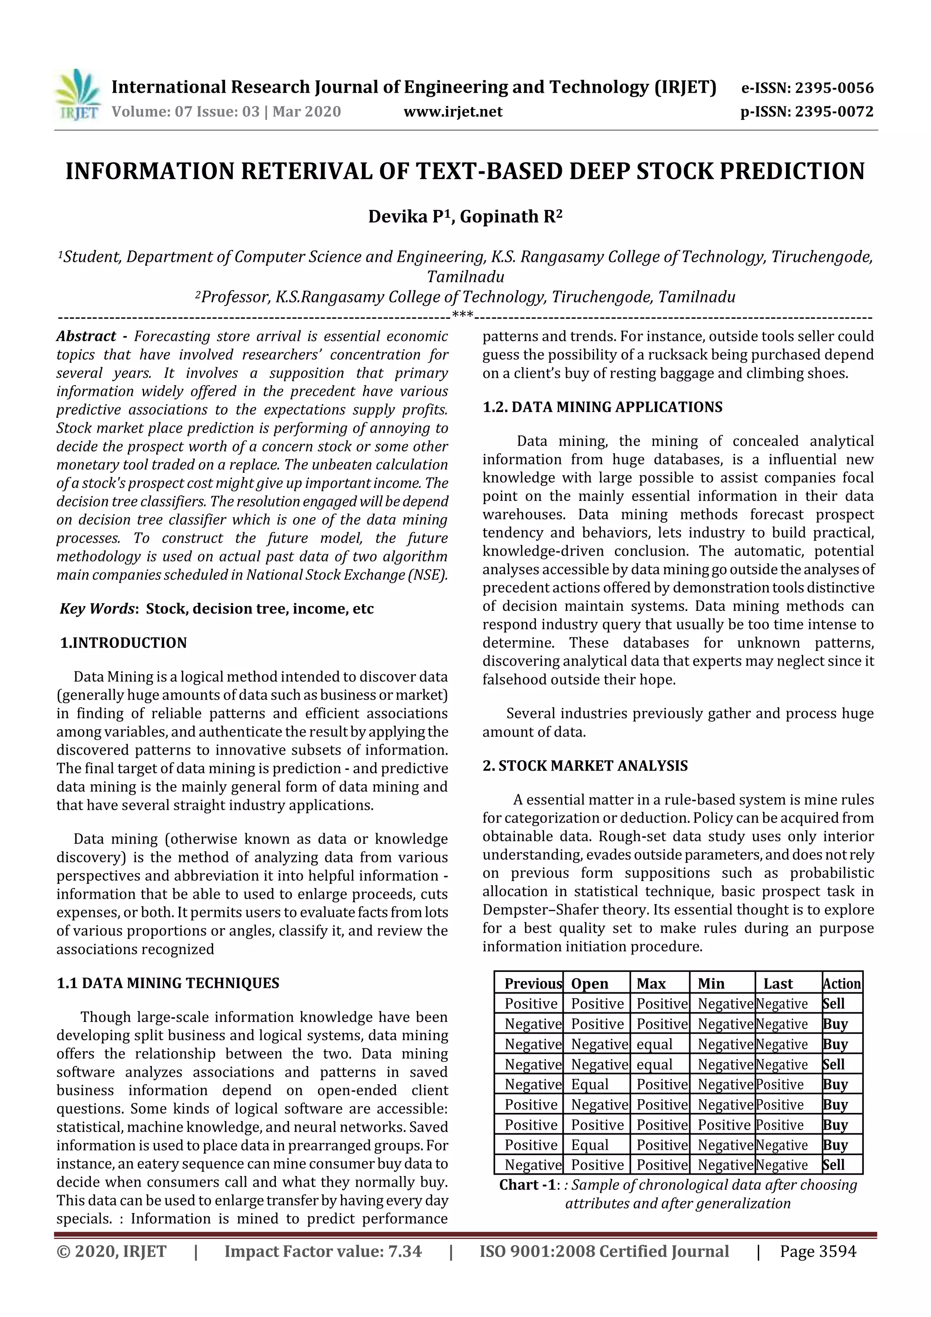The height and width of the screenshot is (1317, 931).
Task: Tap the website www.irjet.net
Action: tap(453, 111)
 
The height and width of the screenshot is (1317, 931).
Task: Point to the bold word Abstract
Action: tap(86, 336)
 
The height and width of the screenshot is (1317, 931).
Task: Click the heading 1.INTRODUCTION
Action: tap(123, 642)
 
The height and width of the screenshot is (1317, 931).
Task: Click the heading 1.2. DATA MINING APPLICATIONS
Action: tap(602, 407)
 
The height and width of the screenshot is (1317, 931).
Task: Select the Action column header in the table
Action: tap(841, 984)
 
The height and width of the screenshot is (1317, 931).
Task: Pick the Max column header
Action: tap(651, 984)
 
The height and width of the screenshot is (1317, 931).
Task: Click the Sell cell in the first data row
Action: tap(833, 1004)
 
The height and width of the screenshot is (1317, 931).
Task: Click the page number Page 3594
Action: tap(818, 1251)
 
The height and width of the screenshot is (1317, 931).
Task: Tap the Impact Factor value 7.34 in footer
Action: tap(405, 1251)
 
